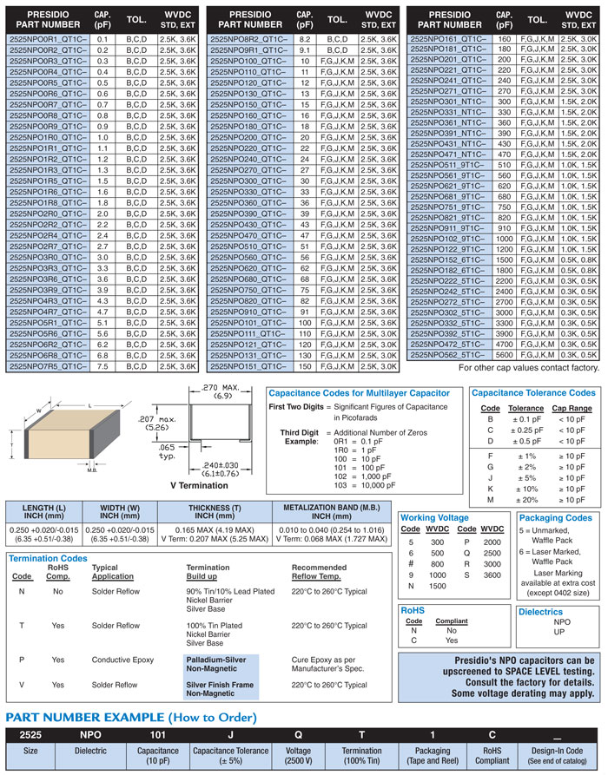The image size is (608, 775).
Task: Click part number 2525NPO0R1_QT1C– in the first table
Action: click(48, 40)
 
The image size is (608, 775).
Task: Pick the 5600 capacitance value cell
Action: click(504, 354)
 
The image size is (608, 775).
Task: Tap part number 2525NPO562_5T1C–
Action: click(448, 354)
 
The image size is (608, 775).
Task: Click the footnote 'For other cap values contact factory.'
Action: click(528, 368)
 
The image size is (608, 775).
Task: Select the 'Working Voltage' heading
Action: click(436, 518)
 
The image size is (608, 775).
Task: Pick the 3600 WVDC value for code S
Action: click(492, 575)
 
